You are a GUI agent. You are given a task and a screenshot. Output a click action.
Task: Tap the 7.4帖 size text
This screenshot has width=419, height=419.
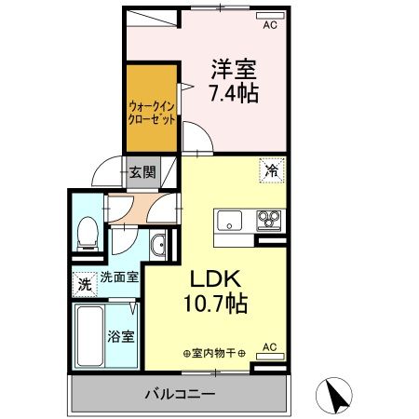pyautogui.click(x=235, y=93)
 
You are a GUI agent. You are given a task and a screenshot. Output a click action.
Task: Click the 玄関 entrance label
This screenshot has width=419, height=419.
pyautogui.click(x=142, y=171)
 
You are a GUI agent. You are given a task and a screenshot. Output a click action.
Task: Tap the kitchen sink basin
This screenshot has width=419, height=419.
pyautogui.click(x=229, y=221)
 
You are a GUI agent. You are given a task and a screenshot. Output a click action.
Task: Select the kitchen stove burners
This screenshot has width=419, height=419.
pyautogui.click(x=269, y=221)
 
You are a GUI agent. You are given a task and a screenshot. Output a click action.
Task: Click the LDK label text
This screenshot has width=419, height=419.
pyautogui.click(x=218, y=278)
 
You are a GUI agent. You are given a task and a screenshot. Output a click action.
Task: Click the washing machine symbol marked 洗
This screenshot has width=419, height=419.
pyautogui.click(x=84, y=284)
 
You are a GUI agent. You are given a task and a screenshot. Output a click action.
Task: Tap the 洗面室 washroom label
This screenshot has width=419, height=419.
pyautogui.click(x=119, y=277)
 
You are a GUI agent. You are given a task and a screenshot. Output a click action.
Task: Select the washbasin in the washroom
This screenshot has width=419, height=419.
pyautogui.click(x=158, y=246)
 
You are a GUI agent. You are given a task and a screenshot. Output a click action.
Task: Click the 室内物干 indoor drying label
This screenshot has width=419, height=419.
pyautogui.click(x=215, y=353)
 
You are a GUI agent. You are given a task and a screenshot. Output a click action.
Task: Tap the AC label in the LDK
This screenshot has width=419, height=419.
pyautogui.click(x=269, y=347)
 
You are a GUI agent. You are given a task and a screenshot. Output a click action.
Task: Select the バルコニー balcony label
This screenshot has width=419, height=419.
pyautogui.click(x=180, y=394)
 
